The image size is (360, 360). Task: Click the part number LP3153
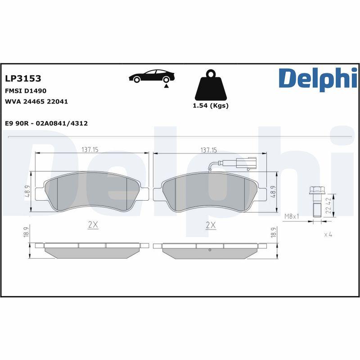[x=23, y=79]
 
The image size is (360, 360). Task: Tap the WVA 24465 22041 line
[x=36, y=102]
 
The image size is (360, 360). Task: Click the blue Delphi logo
[x=318, y=78]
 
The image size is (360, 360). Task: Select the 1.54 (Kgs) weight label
[x=210, y=106]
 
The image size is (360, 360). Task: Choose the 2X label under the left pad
[x=93, y=225]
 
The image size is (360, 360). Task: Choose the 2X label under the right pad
[x=211, y=225]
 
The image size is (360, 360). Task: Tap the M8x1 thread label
[x=292, y=216]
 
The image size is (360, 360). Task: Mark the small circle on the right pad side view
[x=210, y=250]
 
